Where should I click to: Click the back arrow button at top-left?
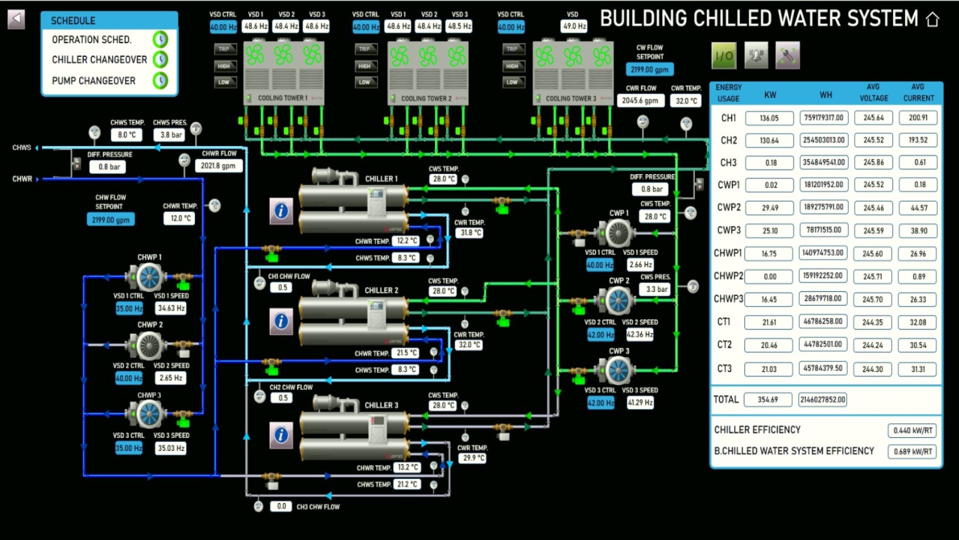[16, 19]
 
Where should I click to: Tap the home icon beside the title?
[932, 19]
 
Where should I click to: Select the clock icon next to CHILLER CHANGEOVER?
[160, 59]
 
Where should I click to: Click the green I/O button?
[724, 55]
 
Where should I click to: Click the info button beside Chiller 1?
[281, 211]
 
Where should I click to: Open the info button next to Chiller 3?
[281, 435]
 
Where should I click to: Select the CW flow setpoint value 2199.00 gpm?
[649, 69]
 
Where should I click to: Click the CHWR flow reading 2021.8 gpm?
[218, 166]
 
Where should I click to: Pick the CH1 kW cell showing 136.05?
[769, 118]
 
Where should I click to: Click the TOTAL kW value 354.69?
[768, 399]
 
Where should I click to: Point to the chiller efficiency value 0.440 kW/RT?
[913, 430]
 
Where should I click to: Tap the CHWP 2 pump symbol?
[148, 345]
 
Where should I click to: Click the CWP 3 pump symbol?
[618, 370]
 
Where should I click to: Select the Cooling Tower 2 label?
[426, 98]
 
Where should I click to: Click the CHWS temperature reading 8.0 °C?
[127, 134]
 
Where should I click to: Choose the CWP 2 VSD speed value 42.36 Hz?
[640, 334]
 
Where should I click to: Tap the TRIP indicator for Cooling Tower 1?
[224, 49]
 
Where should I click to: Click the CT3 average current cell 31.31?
[918, 369]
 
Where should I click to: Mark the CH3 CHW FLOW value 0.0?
[282, 506]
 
